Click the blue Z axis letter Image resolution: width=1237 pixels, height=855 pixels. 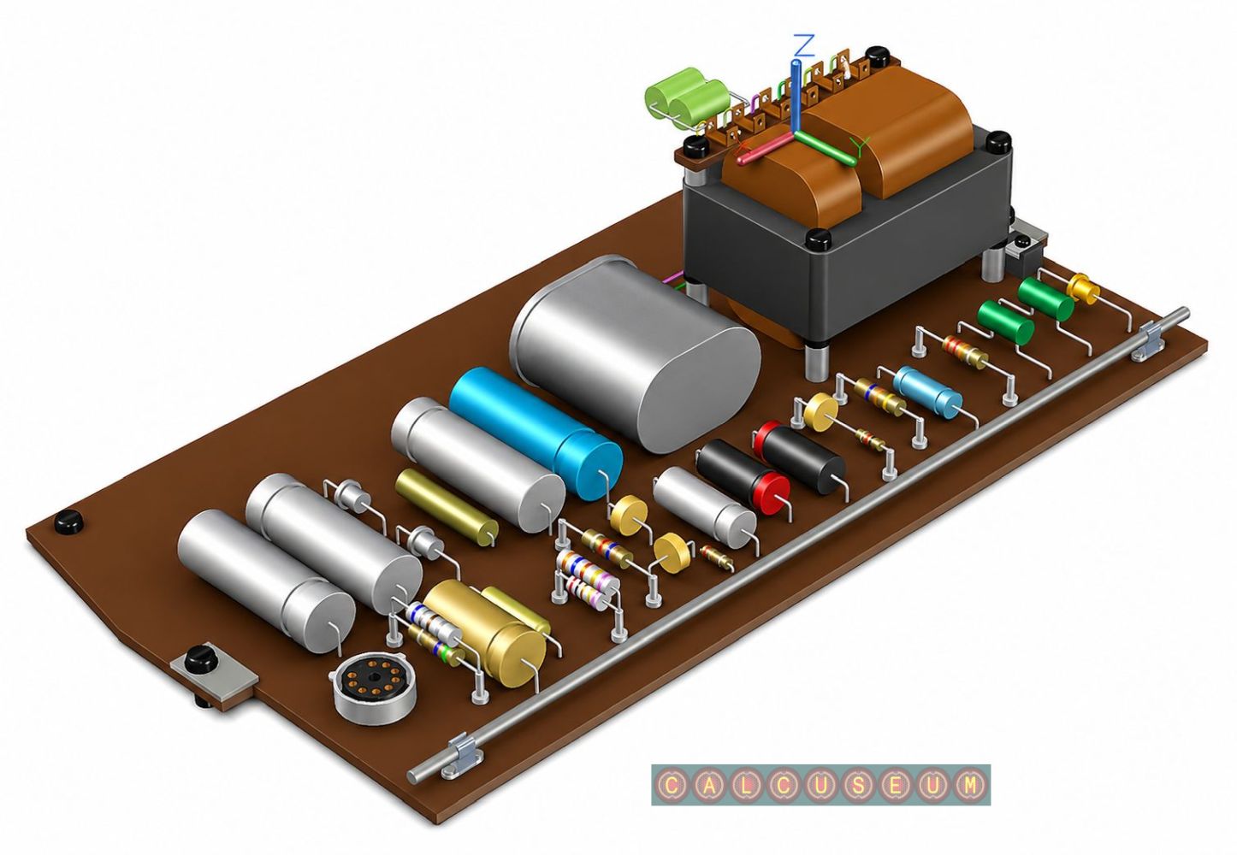803,45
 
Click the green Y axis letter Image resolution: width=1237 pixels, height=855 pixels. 860,146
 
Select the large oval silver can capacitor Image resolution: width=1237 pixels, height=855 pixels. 635,352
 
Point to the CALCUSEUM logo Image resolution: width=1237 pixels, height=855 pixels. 820,785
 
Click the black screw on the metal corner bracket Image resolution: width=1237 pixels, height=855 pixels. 199,660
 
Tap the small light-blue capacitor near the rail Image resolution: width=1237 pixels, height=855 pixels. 927,391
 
